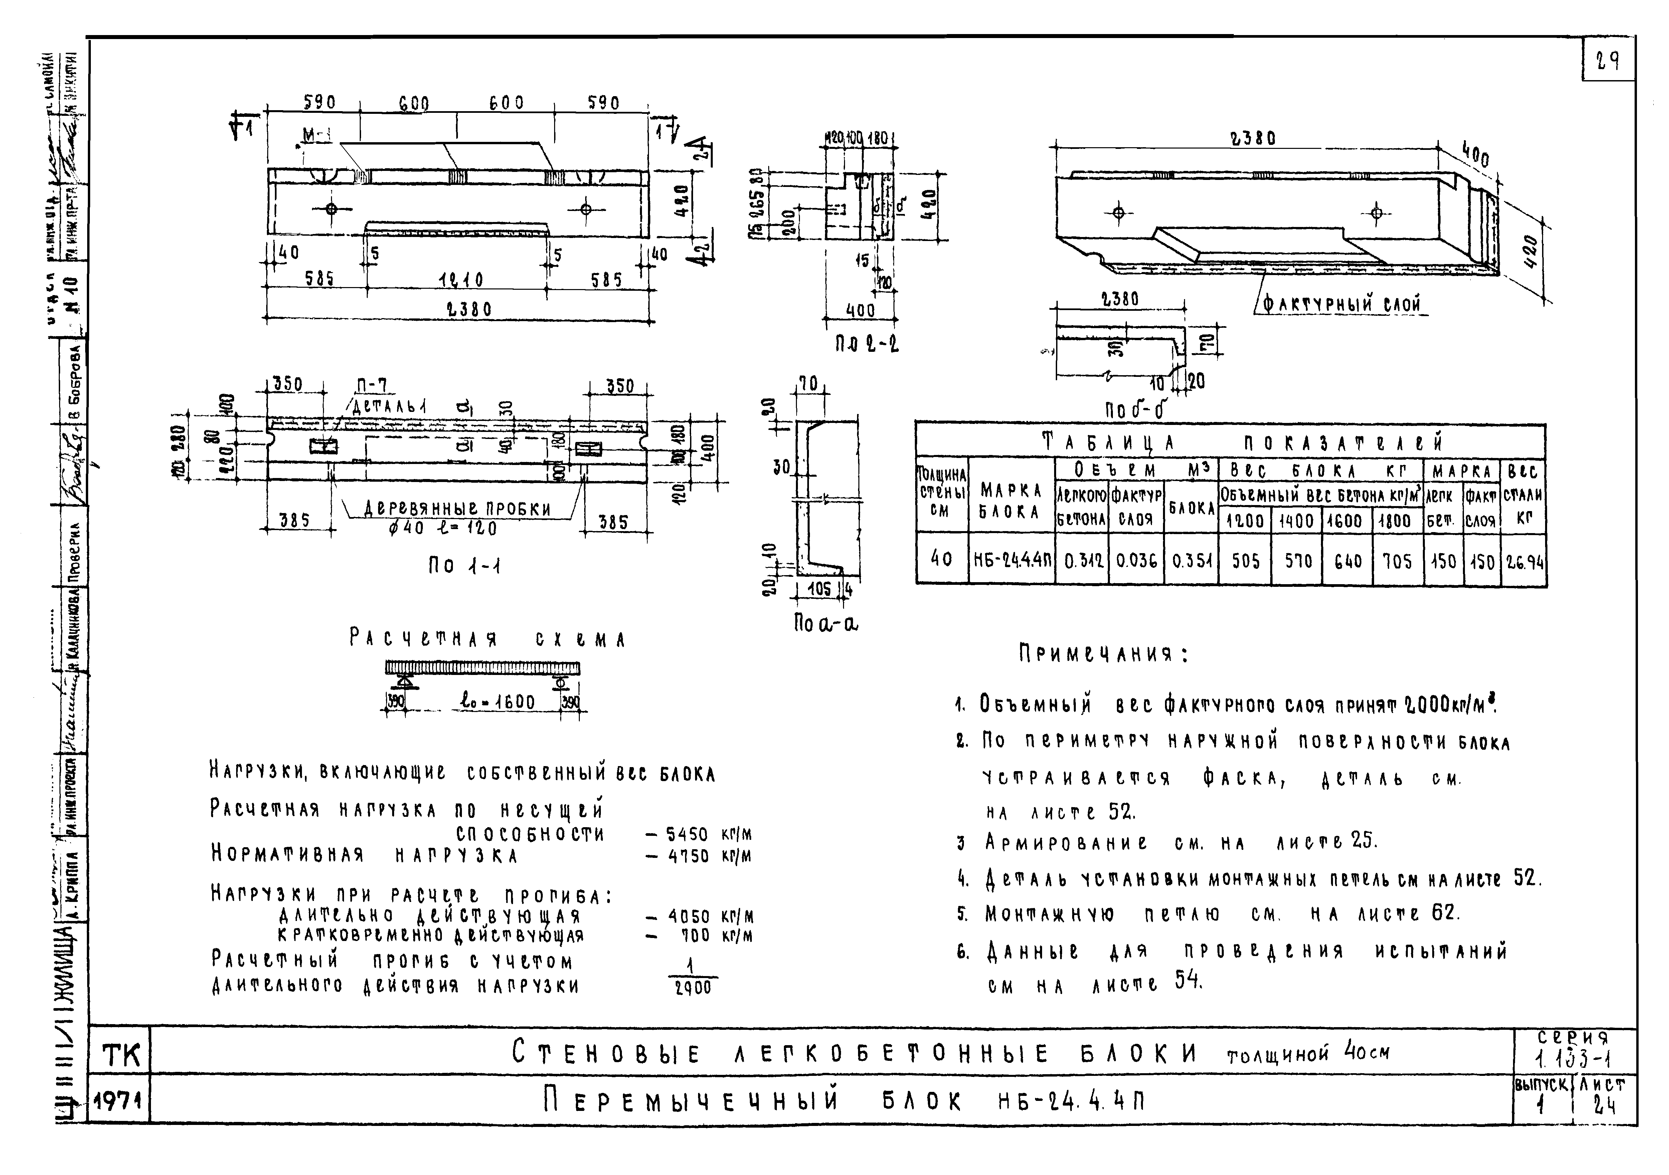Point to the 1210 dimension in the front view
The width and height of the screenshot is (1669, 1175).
click(460, 280)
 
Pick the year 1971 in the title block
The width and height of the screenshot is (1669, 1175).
click(119, 1103)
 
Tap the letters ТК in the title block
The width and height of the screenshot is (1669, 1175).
click(121, 1055)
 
